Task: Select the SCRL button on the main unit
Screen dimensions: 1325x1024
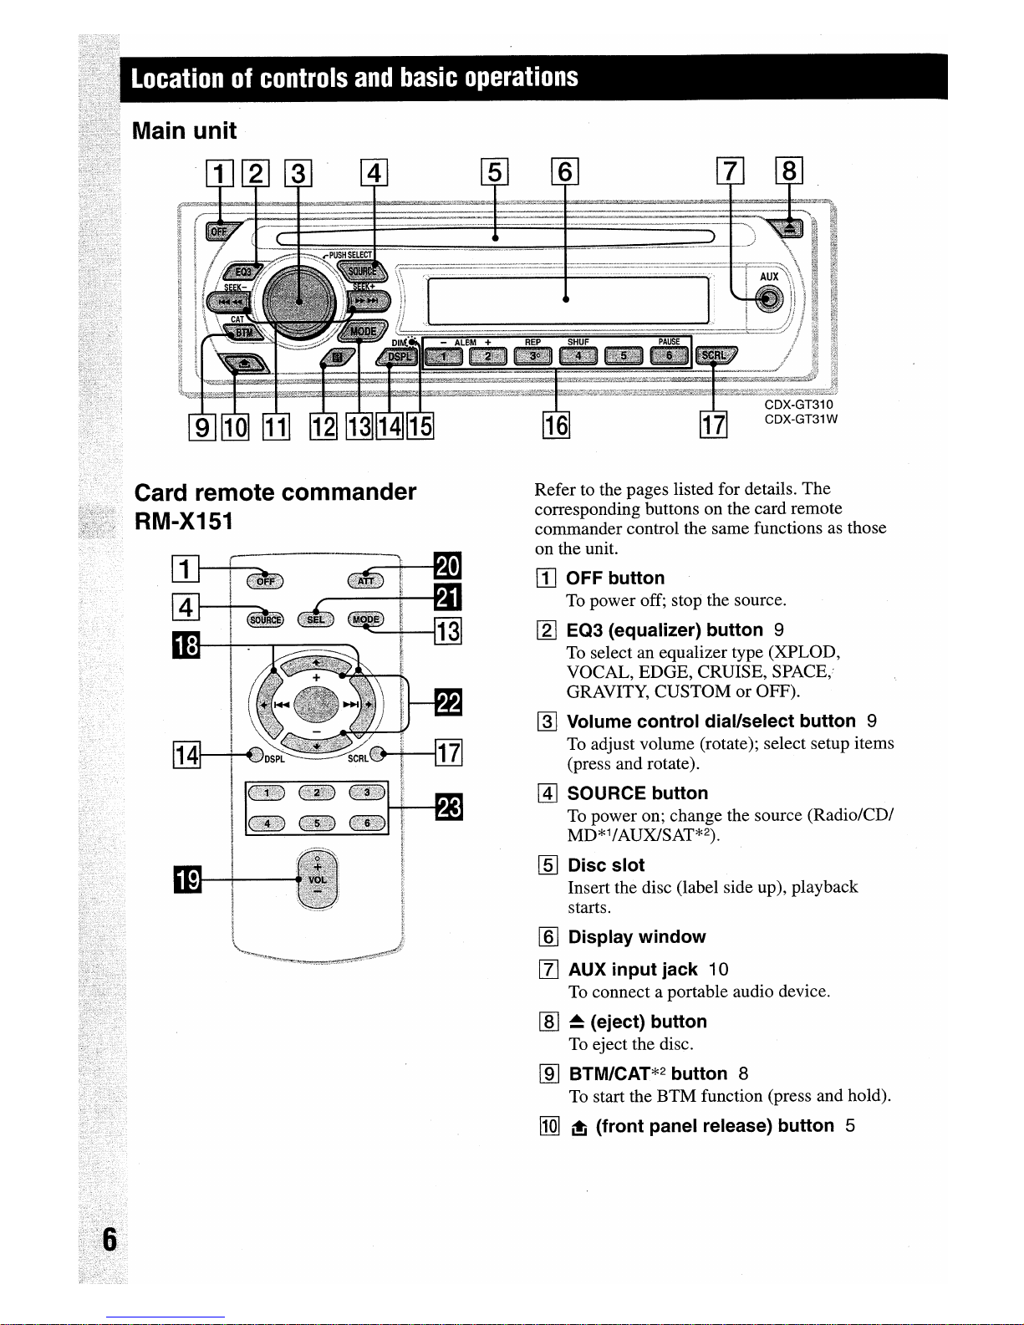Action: click(716, 355)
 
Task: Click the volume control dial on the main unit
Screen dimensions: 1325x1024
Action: click(299, 298)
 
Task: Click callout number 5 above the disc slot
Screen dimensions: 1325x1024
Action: click(494, 172)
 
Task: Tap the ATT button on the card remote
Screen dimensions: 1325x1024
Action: click(365, 580)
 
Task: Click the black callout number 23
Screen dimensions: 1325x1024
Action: click(449, 808)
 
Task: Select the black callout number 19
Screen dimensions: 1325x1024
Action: click(187, 880)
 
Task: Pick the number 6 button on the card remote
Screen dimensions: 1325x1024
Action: click(367, 823)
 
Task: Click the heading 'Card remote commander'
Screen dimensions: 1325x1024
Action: click(275, 492)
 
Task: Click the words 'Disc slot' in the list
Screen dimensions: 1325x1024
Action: click(606, 865)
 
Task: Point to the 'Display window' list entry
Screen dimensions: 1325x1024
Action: click(636, 937)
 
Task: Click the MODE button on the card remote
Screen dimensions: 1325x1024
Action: click(365, 619)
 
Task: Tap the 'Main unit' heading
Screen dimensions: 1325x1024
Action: click(185, 131)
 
